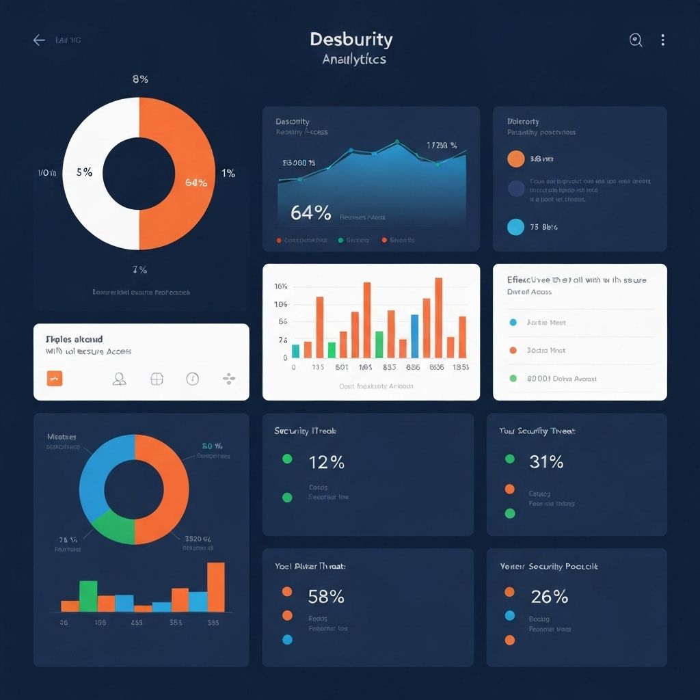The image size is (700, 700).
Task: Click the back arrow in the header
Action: click(39, 40)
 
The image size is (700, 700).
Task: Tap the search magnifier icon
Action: click(636, 40)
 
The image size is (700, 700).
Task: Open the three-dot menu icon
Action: click(662, 40)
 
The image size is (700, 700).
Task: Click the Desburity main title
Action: click(351, 39)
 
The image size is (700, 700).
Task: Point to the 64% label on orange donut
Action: click(196, 183)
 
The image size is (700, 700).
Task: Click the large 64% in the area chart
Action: click(310, 213)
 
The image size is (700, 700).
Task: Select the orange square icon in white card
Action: click(55, 378)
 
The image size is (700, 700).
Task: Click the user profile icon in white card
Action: click(119, 379)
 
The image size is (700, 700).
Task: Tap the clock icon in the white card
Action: click(193, 379)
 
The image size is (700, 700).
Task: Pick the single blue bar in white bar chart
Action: click(414, 336)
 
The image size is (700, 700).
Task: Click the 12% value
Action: click(326, 462)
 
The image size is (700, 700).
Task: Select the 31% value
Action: click(546, 462)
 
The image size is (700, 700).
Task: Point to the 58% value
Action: click(326, 597)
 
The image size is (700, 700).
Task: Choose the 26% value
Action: click(549, 597)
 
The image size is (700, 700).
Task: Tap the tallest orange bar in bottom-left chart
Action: click(215, 587)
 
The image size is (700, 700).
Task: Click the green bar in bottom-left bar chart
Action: click(88, 595)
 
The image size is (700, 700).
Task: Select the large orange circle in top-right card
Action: click(516, 159)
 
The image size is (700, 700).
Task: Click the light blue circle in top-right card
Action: click(516, 227)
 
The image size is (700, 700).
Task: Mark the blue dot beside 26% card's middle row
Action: click(509, 616)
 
